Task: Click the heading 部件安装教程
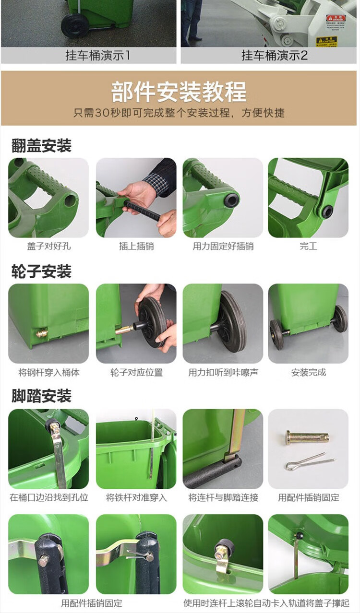coord(179,92)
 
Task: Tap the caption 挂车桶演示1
coord(97,56)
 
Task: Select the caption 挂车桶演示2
coord(275,56)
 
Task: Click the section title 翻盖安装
coord(41,145)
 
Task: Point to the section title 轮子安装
coord(41,271)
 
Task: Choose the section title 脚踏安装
coord(41,396)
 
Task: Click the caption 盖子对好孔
coord(49,246)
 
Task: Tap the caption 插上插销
coord(136,246)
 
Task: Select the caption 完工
coord(308,246)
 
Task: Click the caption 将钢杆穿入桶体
coord(49,372)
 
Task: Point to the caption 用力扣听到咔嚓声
coord(223,372)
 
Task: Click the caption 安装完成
coord(309,372)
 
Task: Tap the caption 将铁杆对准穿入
coord(136,497)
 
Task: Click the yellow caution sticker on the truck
coord(327,41)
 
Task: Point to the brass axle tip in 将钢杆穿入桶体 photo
coord(42,333)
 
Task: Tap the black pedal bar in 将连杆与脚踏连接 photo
coord(213,473)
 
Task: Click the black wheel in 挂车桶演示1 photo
coord(75,26)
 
